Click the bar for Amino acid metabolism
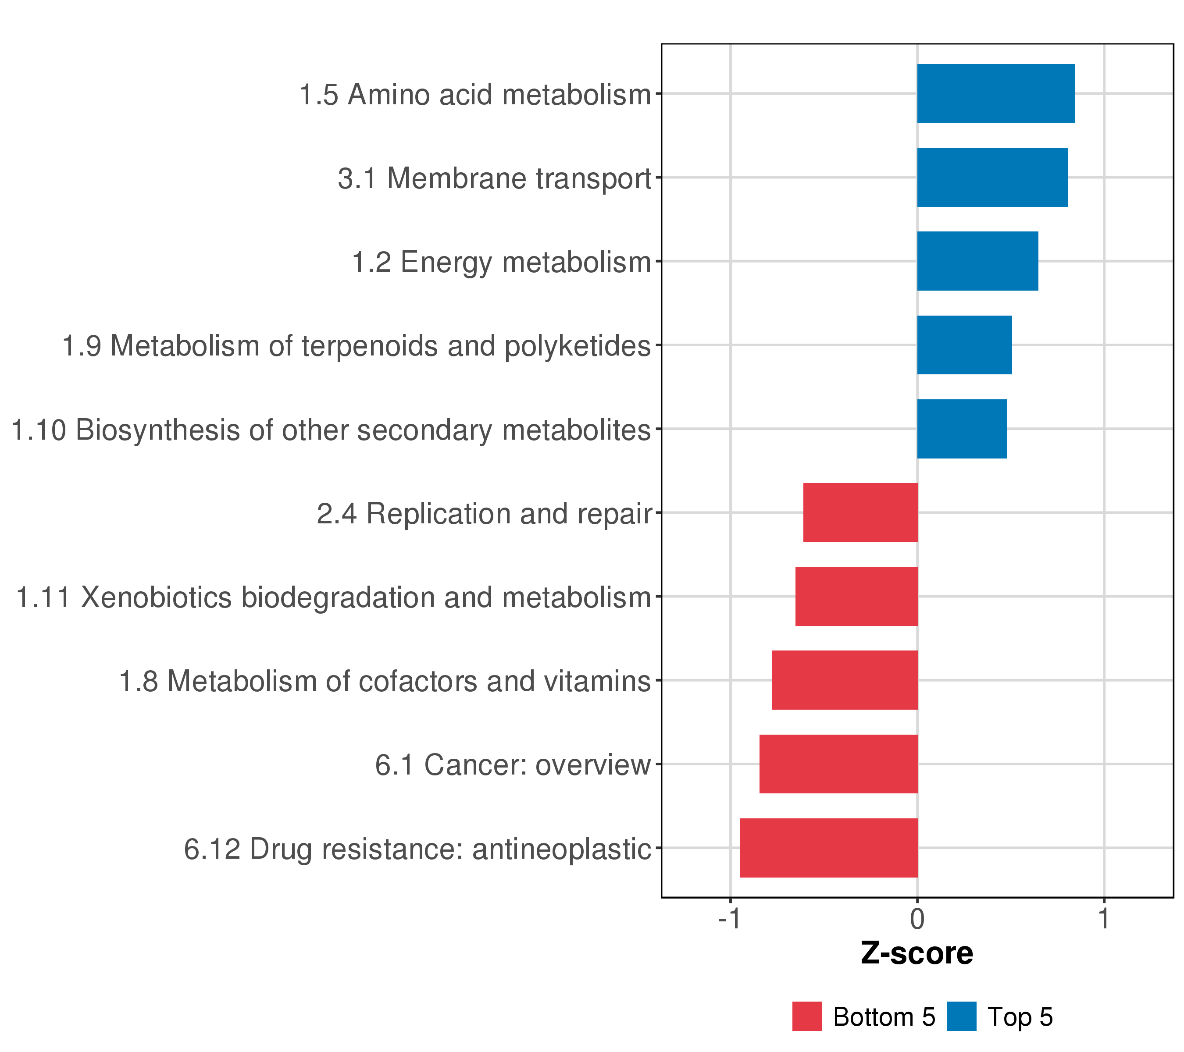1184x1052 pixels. tap(996, 94)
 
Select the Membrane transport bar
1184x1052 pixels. tap(993, 177)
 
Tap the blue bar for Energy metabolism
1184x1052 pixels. tap(978, 261)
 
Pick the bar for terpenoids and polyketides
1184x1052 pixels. tap(964, 345)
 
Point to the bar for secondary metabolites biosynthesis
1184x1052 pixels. tap(962, 429)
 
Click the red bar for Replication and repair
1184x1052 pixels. tap(860, 512)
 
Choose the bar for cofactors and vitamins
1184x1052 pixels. tap(845, 680)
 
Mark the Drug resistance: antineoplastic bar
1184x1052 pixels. tap(829, 848)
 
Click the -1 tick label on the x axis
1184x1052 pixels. tap(729, 919)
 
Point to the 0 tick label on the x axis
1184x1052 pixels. tap(917, 919)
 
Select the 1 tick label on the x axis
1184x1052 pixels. tap(1104, 919)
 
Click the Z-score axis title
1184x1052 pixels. tap(917, 953)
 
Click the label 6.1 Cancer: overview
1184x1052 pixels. tap(513, 765)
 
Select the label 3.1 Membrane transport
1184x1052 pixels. tap(495, 178)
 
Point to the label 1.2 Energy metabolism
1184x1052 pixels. tap(502, 262)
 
